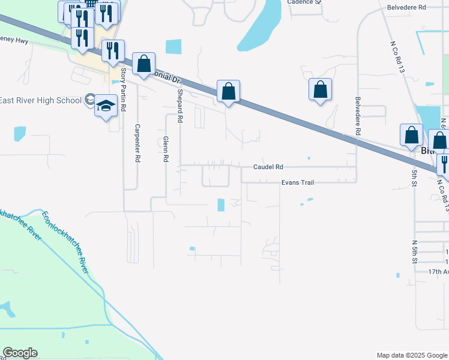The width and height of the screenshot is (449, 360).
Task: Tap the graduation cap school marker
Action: tap(106, 107)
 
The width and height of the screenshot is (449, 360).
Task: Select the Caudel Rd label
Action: tap(268, 167)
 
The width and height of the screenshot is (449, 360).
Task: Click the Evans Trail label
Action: tap(297, 182)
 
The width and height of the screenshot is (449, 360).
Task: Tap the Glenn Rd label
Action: tap(165, 149)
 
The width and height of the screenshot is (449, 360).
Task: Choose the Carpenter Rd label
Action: tap(137, 143)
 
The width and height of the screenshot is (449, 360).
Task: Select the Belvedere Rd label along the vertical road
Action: tap(358, 115)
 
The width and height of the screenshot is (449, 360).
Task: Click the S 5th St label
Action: tap(414, 178)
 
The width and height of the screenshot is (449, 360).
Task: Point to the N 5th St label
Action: tap(414, 253)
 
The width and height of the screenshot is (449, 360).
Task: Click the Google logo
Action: tap(20, 353)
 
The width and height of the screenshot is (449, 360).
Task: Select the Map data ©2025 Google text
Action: tap(411, 355)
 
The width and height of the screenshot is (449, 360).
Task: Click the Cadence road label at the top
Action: tap(304, 2)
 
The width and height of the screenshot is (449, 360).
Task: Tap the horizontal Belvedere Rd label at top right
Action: tap(406, 7)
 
